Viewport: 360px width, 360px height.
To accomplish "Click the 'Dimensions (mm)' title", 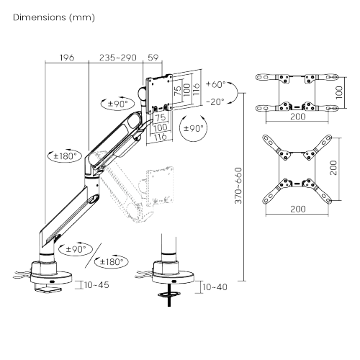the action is click(54, 17).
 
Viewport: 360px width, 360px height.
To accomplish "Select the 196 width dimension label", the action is click(67, 58).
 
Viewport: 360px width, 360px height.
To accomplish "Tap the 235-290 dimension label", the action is click(118, 58).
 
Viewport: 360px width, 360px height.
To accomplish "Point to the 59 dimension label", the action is click(153, 58).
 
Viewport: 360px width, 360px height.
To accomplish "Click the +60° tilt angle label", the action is click(216, 84).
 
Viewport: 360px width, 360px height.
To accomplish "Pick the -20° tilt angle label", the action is click(215, 102).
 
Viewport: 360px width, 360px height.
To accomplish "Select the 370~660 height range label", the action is click(238, 186).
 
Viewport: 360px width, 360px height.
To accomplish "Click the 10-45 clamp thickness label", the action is click(96, 285).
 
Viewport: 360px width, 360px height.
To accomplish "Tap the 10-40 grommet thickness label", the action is click(215, 287).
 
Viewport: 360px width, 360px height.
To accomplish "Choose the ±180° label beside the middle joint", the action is click(65, 156).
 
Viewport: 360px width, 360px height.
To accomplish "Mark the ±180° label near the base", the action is click(112, 261).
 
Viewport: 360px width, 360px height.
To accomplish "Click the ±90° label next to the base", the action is click(76, 249).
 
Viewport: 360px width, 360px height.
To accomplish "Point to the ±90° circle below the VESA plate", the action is click(193, 128).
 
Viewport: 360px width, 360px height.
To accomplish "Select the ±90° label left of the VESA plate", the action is click(117, 104).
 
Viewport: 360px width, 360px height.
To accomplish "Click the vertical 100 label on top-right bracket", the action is click(339, 92).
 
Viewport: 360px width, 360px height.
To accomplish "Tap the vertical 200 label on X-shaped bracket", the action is click(333, 168).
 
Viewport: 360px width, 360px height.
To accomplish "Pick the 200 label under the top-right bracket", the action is click(298, 117).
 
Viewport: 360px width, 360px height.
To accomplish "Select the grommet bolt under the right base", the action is click(169, 295).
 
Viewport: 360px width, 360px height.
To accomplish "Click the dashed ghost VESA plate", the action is click(161, 187).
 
